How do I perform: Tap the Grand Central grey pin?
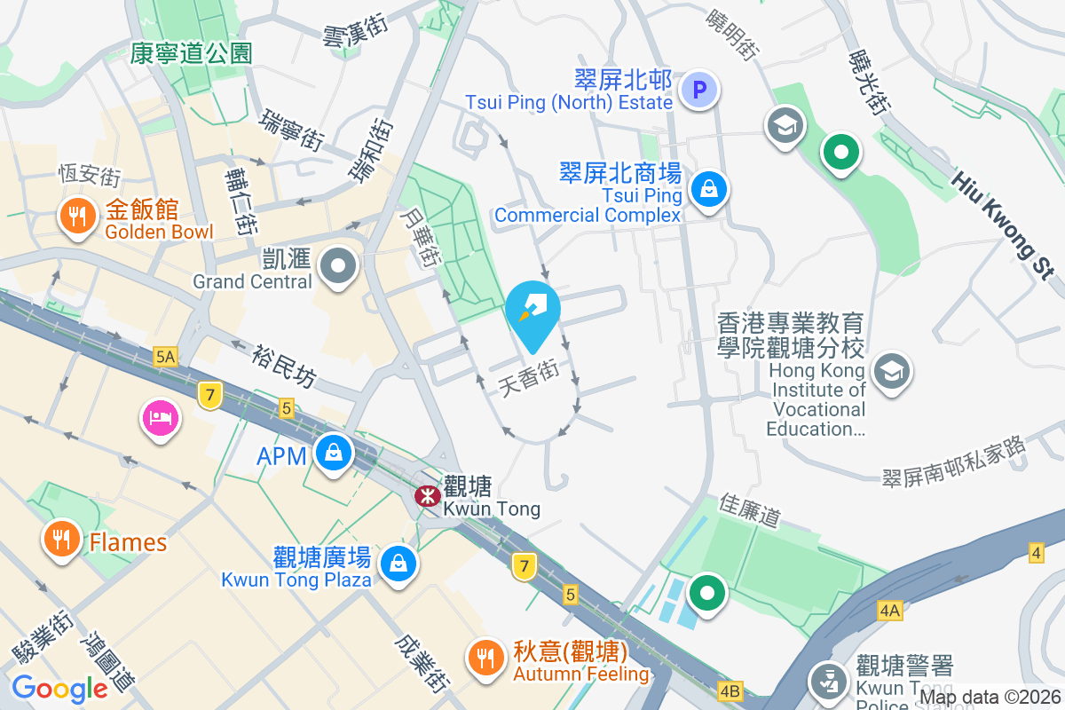point(338,264)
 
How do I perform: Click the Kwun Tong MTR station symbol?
point(427,495)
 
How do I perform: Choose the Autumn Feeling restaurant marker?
point(485,658)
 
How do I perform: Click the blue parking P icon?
point(698,90)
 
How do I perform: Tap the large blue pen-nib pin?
point(532,310)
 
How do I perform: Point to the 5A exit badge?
point(165,357)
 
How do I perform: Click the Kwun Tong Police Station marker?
point(830,682)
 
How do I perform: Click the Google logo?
point(59,688)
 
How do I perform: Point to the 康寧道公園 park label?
point(191,53)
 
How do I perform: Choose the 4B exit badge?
point(730,690)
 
